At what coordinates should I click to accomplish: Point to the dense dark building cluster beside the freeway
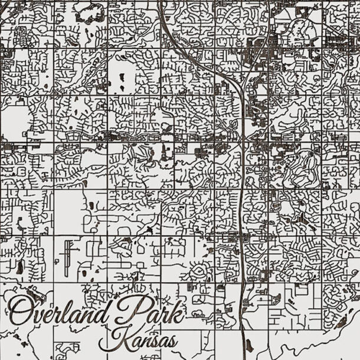260,44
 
